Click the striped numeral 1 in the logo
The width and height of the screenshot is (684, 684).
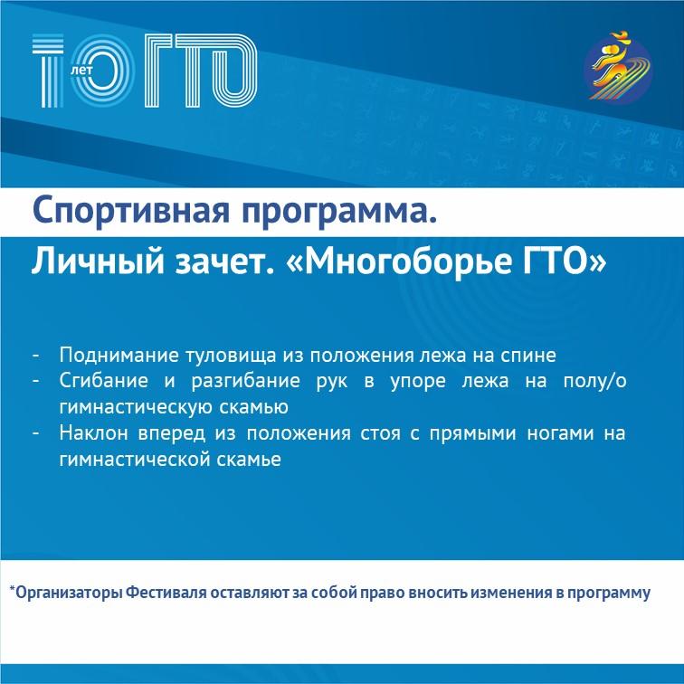click(x=49, y=71)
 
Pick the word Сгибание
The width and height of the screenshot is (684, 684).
click(x=104, y=381)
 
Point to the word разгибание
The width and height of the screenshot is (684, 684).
click(x=245, y=382)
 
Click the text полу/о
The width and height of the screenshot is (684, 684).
click(x=594, y=382)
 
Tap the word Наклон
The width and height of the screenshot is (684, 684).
click(x=94, y=433)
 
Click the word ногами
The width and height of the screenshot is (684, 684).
click(x=560, y=433)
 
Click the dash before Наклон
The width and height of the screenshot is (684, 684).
click(x=36, y=433)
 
